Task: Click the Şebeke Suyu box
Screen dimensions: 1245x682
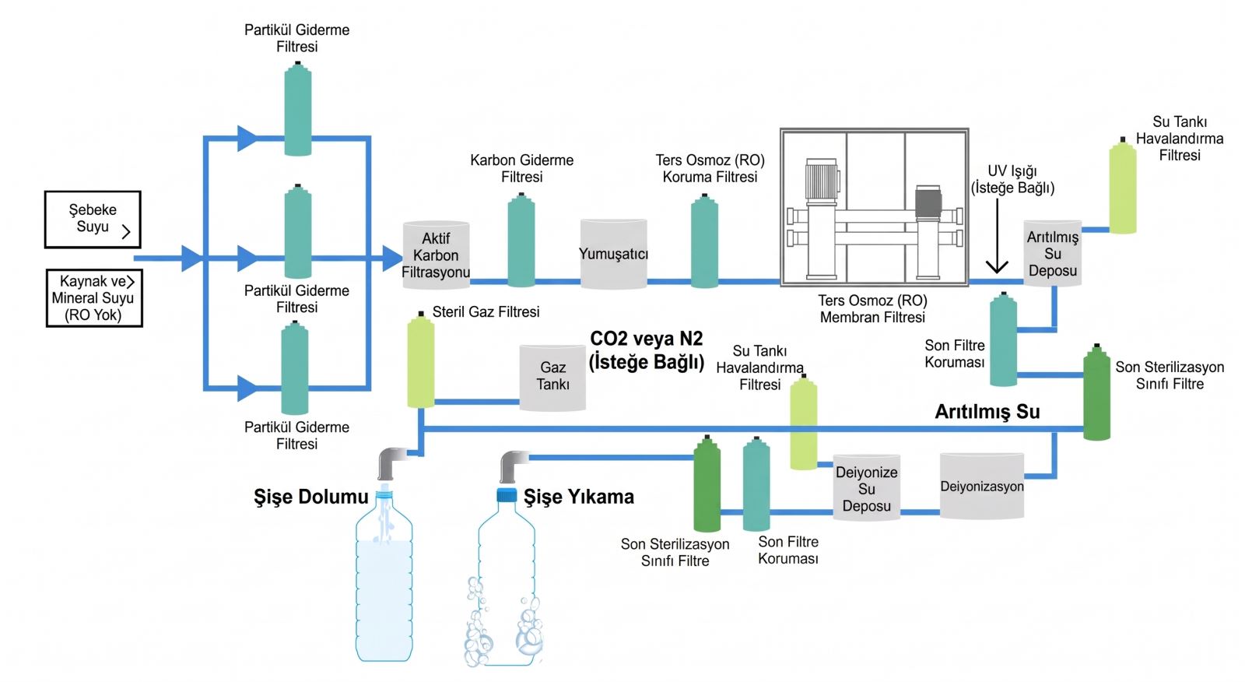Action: pos(93,220)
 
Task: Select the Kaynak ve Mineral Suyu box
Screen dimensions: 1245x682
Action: pos(94,298)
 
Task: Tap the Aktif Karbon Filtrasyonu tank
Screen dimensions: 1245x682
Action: pos(436,255)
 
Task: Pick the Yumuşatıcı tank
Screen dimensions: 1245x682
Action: pos(614,254)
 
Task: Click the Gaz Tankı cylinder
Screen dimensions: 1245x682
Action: pos(552,378)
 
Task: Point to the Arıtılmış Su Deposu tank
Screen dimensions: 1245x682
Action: pos(1053,254)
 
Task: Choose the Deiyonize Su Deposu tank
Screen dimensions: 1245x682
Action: pos(867,488)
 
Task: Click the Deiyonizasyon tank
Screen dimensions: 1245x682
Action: pos(982,486)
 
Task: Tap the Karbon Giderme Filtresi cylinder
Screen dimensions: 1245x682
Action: pos(521,240)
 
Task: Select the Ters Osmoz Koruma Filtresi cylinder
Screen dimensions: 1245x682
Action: pos(705,241)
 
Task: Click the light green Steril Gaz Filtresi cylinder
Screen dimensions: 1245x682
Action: pos(421,360)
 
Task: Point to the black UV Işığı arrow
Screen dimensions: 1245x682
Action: pos(997,236)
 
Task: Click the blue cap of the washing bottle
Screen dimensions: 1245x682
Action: pos(507,494)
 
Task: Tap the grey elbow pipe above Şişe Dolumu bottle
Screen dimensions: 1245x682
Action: pos(393,462)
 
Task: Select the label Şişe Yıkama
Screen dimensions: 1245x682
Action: pos(579,497)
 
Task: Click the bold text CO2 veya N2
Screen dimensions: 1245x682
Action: pos(647,338)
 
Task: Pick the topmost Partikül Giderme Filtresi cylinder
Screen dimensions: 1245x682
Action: pos(298,108)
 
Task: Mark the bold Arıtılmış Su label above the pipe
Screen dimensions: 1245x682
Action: pos(987,412)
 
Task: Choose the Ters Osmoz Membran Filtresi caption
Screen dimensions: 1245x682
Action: pos(872,309)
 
